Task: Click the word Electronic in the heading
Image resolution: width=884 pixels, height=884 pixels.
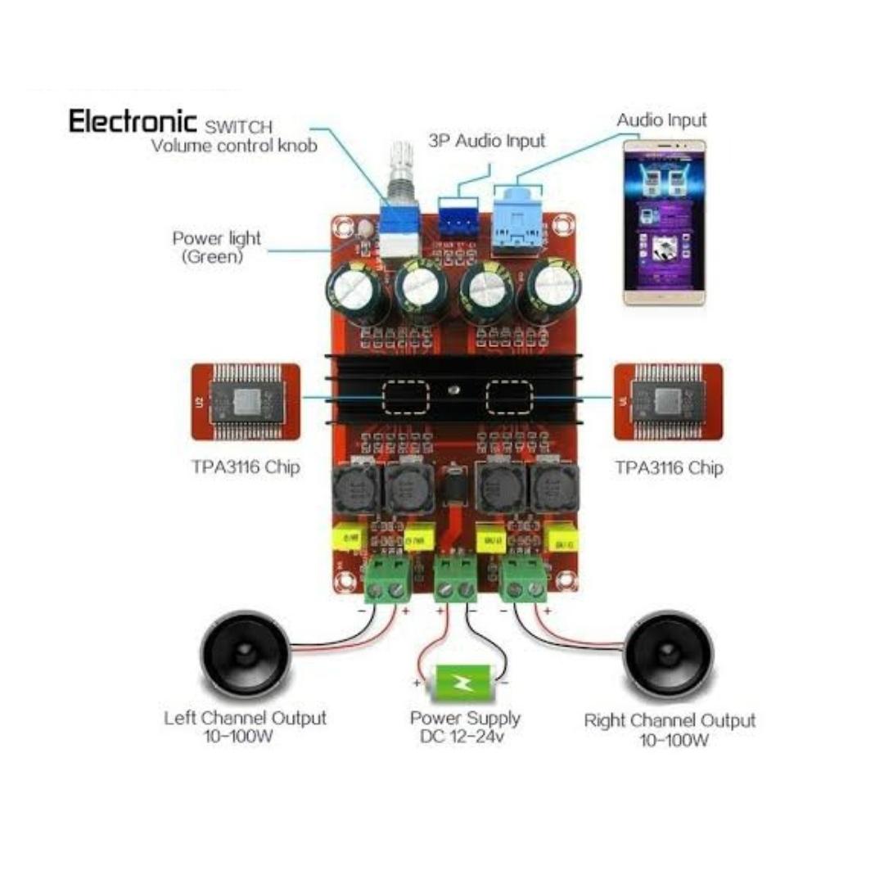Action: click(133, 122)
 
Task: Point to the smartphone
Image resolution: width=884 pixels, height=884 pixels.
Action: click(664, 221)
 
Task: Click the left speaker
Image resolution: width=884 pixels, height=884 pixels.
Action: click(245, 652)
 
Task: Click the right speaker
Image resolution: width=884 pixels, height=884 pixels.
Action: click(669, 655)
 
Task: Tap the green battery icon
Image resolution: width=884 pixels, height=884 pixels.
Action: click(462, 682)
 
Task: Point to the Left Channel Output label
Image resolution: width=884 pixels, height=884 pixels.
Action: click(245, 727)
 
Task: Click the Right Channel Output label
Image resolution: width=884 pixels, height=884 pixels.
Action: click(669, 730)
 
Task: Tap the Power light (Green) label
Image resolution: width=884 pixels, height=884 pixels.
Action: click(216, 246)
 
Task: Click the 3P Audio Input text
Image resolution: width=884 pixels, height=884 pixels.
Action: click(486, 141)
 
